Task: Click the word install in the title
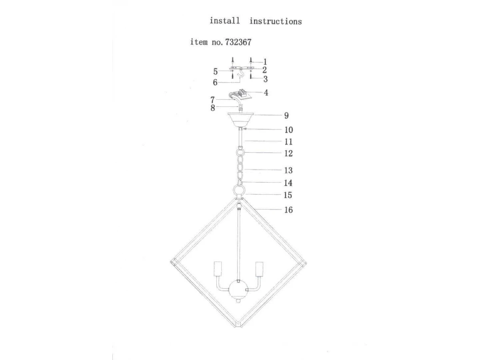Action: click(224, 21)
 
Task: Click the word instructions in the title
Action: click(276, 22)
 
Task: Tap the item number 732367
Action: click(238, 42)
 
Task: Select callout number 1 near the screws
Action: click(265, 62)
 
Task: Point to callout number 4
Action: click(266, 93)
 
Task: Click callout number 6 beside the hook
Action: click(215, 82)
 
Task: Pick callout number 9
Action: click(286, 116)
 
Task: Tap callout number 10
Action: click(289, 130)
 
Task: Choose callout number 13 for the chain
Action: click(288, 170)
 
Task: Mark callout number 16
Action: click(288, 210)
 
